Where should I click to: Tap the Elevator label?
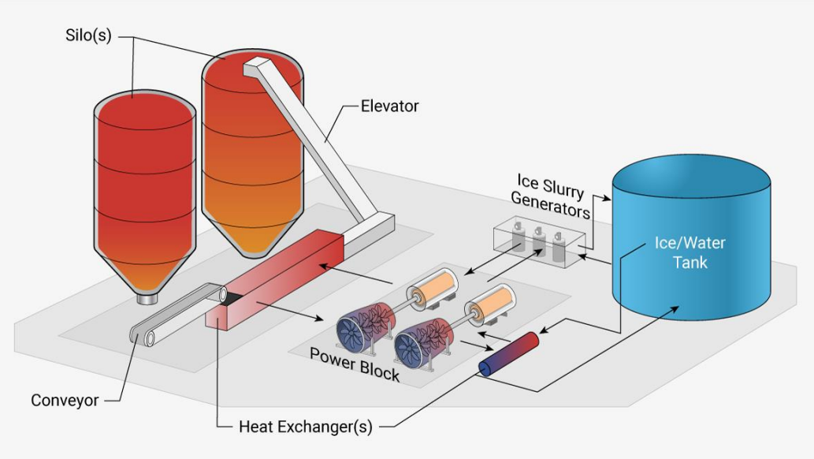389,106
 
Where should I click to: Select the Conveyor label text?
65,400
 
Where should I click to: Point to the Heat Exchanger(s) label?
305,427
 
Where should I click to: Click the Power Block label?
354,364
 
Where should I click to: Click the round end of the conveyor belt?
142,338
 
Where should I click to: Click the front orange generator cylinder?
492,304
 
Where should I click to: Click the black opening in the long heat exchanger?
232,298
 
